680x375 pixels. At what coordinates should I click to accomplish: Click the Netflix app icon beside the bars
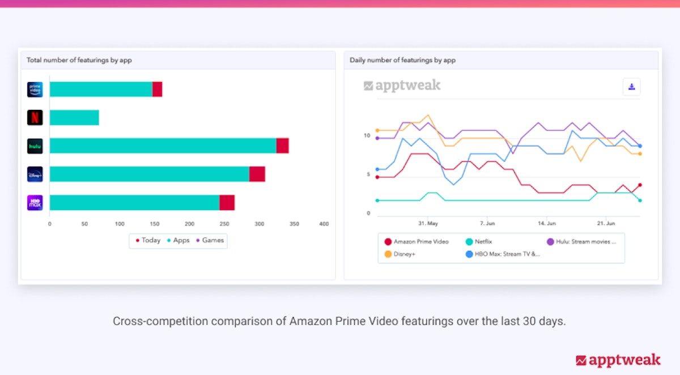tap(35, 117)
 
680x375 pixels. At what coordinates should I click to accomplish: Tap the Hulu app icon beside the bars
tap(35, 146)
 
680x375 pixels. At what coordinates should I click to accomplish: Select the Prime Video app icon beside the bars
tap(35, 90)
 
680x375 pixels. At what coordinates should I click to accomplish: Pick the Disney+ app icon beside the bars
tap(35, 174)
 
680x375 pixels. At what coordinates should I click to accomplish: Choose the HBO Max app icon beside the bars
tap(35, 202)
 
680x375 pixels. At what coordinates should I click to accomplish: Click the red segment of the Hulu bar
tap(282, 146)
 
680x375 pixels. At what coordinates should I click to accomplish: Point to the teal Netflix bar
tap(74, 117)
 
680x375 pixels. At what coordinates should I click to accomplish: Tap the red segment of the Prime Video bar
tap(157, 90)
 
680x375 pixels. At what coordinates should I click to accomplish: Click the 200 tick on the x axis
tap(189, 224)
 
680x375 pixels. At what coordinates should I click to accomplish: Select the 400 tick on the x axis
tap(324, 224)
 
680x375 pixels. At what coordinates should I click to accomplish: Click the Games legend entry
tap(210, 240)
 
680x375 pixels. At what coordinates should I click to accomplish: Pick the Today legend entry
tap(148, 240)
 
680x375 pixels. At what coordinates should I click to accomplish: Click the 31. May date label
tap(428, 223)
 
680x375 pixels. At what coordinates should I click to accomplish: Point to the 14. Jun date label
tap(546, 223)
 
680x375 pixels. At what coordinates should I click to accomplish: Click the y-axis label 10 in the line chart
tap(367, 136)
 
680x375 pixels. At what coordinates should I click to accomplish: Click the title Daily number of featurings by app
tap(402, 60)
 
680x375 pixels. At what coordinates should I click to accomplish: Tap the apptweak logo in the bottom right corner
tap(618, 360)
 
